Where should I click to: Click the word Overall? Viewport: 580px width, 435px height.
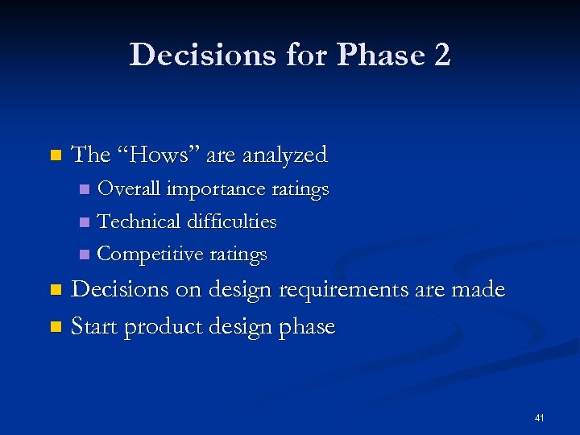coord(129,189)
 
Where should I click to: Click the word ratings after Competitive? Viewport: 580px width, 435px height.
coord(238,255)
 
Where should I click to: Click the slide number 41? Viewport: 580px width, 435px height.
coord(539,418)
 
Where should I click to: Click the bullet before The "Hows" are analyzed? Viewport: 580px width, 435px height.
coord(55,155)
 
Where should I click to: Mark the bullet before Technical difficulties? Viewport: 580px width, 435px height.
coord(85,222)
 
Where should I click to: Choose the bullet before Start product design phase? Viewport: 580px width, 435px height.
coord(55,327)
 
